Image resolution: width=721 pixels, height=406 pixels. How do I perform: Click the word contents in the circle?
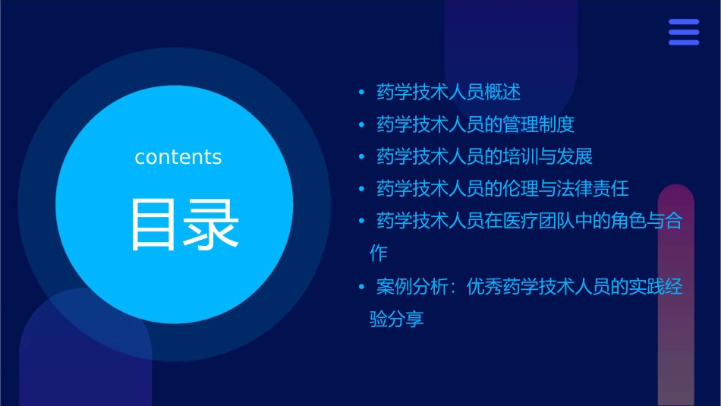click(x=178, y=157)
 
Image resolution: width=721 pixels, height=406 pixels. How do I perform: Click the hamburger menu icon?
click(x=683, y=33)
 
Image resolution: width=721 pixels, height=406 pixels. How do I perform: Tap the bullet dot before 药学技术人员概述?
click(x=361, y=93)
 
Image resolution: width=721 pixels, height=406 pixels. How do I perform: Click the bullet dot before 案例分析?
click(x=361, y=288)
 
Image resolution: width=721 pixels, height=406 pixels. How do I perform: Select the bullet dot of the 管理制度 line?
click(x=361, y=124)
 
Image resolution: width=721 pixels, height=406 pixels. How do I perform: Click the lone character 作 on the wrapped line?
click(x=379, y=253)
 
